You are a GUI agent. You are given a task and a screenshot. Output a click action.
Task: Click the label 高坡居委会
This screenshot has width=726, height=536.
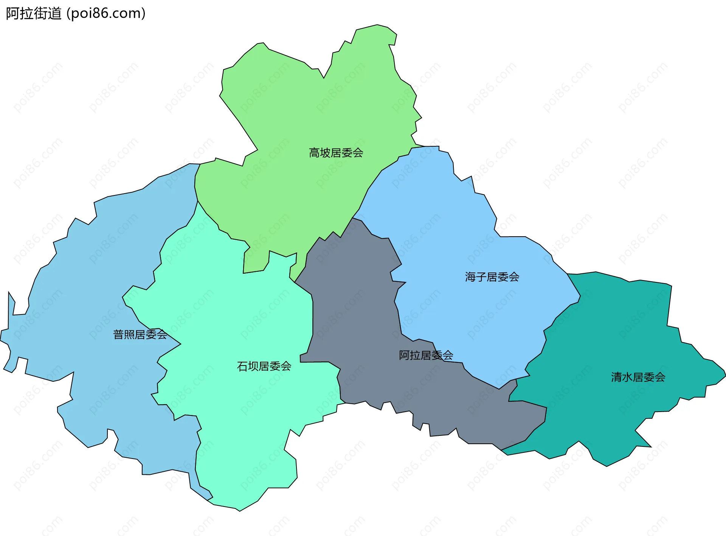coord(336,153)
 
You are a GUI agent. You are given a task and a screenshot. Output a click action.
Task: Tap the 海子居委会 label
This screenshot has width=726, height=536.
coord(492,277)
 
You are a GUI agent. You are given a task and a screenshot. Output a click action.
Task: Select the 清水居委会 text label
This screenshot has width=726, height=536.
coord(638,377)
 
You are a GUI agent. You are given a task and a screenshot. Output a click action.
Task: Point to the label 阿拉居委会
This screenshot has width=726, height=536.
coord(426,355)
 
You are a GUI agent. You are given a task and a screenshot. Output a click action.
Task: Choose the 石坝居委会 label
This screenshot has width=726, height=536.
coord(264,366)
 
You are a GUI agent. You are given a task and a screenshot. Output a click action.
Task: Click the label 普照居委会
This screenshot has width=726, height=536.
coord(140,335)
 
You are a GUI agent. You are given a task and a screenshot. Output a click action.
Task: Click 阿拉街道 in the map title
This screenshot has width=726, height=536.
coord(34,14)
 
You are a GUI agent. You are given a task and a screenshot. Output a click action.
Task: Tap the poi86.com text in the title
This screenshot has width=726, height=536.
coord(106,14)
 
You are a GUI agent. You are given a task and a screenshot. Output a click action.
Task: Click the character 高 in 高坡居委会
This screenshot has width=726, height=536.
coord(314,153)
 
